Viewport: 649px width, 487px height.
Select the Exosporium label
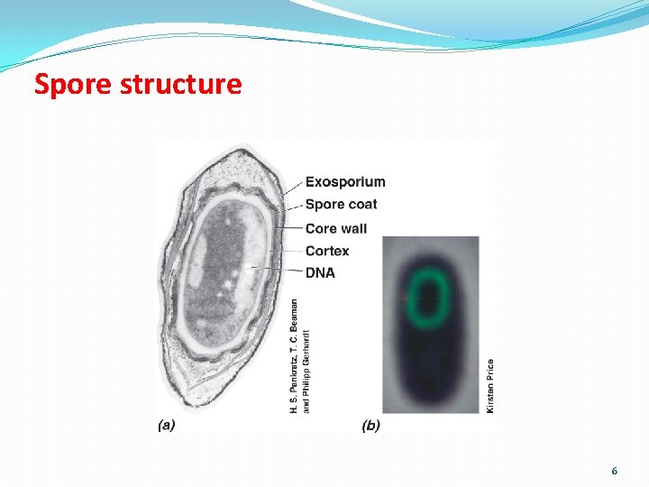(344, 182)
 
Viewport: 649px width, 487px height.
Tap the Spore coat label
(341, 205)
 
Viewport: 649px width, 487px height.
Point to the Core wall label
(335, 228)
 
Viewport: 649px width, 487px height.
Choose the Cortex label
(326, 251)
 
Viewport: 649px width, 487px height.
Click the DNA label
(320, 272)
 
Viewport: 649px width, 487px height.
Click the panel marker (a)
(166, 425)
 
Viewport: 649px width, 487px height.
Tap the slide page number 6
(614, 471)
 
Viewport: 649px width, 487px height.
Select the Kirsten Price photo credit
(490, 386)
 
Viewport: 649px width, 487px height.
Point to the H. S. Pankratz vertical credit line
(294, 356)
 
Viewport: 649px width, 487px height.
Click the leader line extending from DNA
(275, 271)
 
